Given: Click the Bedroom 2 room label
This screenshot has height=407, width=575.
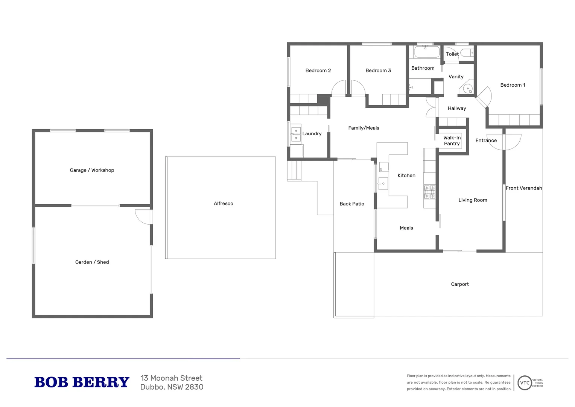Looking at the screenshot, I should [x=318, y=70].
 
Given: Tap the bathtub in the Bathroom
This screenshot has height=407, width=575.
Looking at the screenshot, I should [x=427, y=52].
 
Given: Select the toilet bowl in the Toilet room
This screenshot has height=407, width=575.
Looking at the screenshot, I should [x=467, y=53].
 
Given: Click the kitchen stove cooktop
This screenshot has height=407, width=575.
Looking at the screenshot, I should [x=429, y=192].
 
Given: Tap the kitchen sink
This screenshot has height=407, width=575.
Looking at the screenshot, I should [x=383, y=184].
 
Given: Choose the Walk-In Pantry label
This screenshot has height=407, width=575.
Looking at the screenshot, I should [x=452, y=141].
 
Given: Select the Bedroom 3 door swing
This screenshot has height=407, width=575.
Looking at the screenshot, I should [x=358, y=89].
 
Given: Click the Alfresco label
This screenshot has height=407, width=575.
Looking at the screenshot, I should [x=223, y=203].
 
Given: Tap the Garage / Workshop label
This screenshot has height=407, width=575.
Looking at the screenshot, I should [x=92, y=170].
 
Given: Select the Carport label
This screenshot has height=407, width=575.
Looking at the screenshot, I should [x=459, y=284].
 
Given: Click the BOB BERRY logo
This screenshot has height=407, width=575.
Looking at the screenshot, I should [x=82, y=382].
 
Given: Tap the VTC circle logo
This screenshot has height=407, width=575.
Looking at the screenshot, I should [x=524, y=383].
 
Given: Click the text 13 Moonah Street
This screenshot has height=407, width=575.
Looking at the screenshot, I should [x=171, y=378].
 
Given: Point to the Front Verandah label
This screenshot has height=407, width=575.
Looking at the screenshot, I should [x=523, y=188].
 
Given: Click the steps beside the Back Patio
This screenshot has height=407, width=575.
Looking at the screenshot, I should [x=294, y=171].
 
